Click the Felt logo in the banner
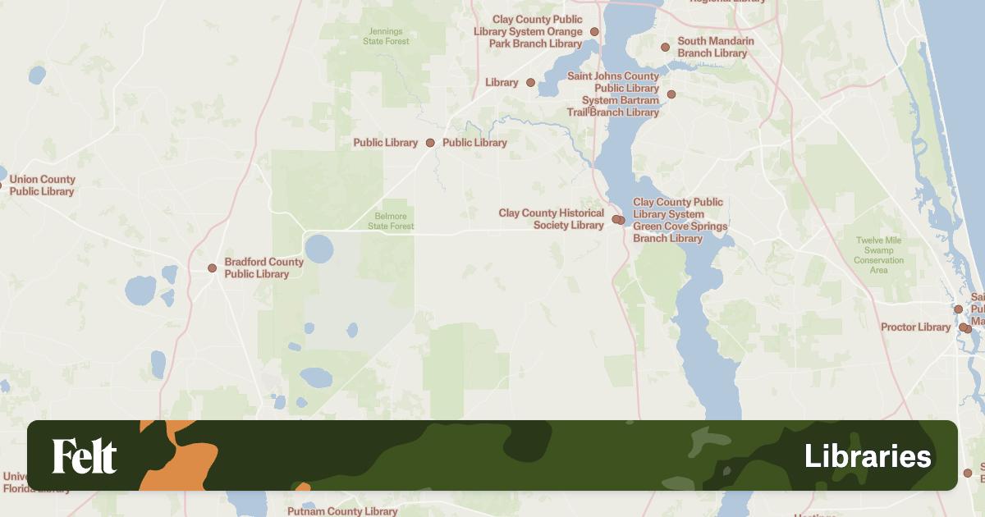click(x=85, y=456)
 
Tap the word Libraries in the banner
click(x=868, y=456)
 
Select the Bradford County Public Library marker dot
click(x=212, y=268)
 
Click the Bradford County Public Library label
click(x=263, y=268)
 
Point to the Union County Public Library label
click(x=42, y=185)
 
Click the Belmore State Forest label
click(x=392, y=222)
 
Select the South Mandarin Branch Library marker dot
click(x=665, y=48)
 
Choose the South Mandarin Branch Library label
click(x=712, y=47)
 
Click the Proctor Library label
click(x=915, y=327)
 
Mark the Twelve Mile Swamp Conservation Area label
click(x=878, y=255)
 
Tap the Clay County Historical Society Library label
click(x=551, y=219)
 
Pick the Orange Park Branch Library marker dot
click(x=595, y=32)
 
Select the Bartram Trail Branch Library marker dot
click(x=671, y=94)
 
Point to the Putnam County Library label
click(x=342, y=511)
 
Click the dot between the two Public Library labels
click(x=430, y=143)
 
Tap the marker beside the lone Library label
click(x=530, y=83)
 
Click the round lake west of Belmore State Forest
click(x=319, y=249)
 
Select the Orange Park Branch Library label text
click(x=537, y=31)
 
